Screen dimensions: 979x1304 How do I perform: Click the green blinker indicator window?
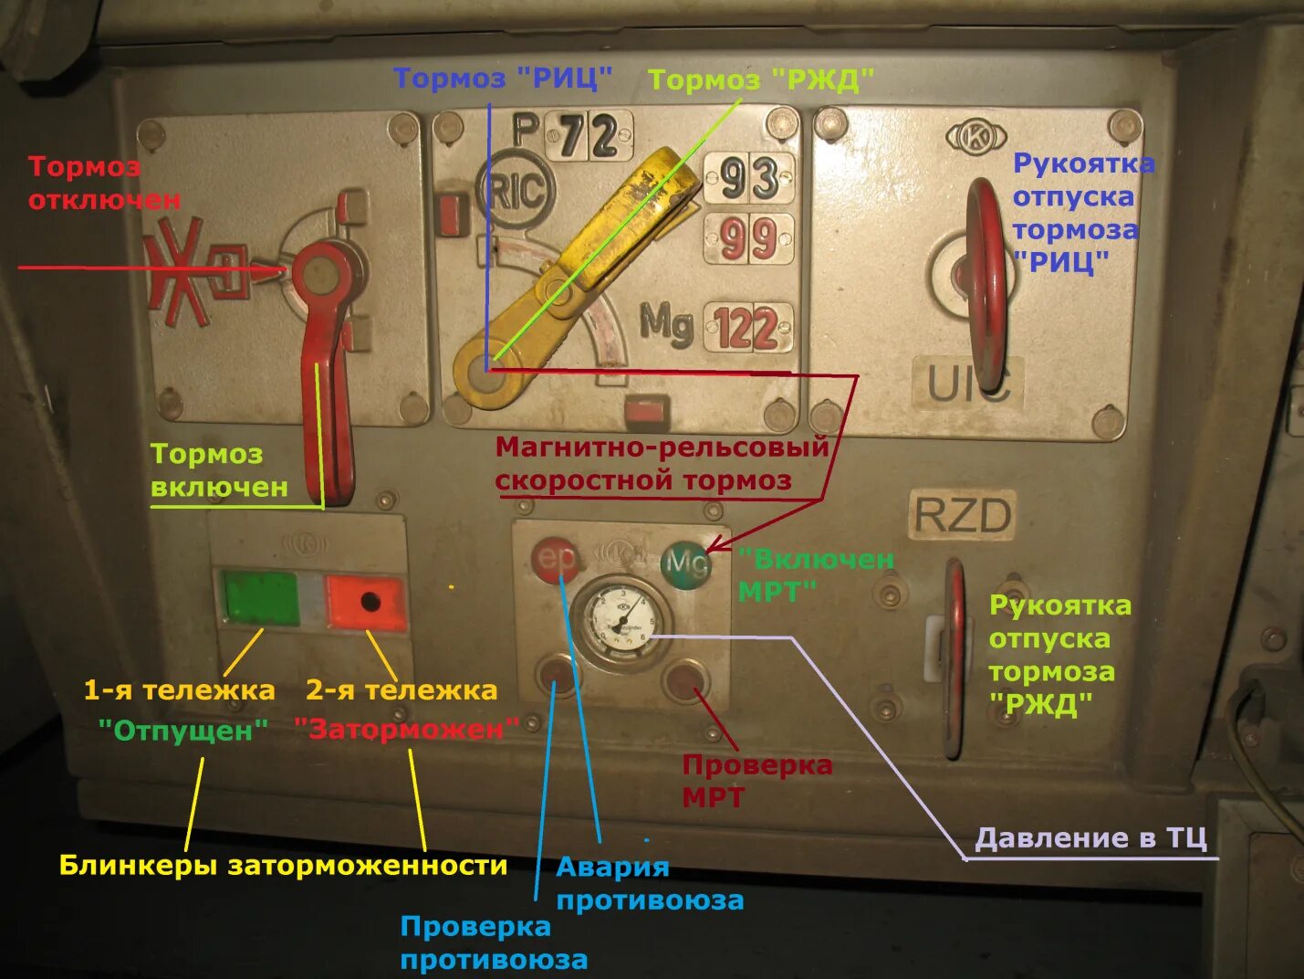[x=261, y=599]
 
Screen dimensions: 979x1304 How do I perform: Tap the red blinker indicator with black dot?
[x=366, y=602]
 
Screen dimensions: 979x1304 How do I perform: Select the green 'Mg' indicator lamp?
[x=685, y=563]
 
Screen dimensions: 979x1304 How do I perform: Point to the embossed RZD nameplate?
[x=963, y=516]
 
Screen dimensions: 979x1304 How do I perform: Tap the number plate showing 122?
[x=746, y=328]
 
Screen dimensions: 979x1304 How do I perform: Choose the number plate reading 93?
[x=749, y=178]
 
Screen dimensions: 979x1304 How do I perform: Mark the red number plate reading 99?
[x=748, y=239]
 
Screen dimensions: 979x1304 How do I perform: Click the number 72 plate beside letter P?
[x=589, y=136]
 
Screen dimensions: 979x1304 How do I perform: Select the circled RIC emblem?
[x=516, y=191]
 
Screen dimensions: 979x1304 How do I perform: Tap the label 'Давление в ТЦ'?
[x=1090, y=837]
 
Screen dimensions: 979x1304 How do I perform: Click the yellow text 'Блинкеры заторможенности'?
[x=283, y=865]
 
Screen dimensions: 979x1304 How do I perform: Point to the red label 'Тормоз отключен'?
[x=104, y=183]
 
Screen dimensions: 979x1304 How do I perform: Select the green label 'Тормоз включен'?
[x=219, y=470]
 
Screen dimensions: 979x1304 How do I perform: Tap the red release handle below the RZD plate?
[x=955, y=658]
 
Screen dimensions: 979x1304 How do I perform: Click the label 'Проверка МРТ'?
[x=756, y=781]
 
